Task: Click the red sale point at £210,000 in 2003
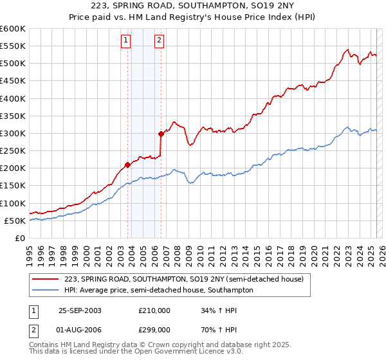[x=127, y=165]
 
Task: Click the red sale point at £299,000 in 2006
[x=160, y=134]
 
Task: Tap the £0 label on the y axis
[x=19, y=239]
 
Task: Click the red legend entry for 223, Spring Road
[x=187, y=279]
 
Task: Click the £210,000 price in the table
[x=154, y=310]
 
